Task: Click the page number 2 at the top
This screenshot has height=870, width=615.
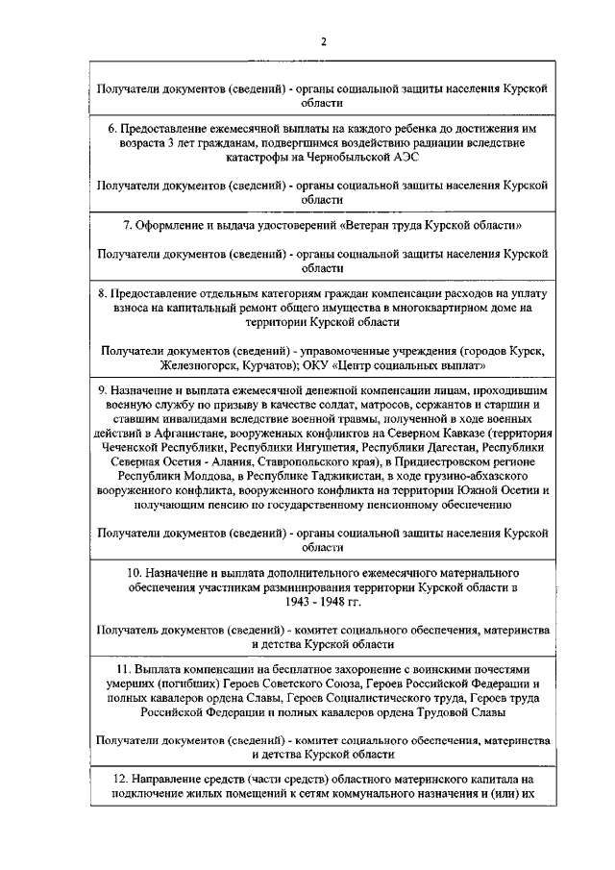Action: (x=324, y=40)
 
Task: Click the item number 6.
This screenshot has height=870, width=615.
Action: (x=111, y=128)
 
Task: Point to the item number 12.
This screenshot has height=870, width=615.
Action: (x=108, y=780)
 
